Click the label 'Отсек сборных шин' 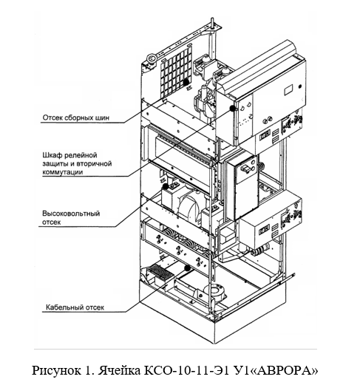click(x=76, y=117)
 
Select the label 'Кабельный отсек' click(x=75, y=307)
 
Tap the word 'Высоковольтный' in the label click(x=71, y=214)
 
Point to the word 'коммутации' click(x=63, y=172)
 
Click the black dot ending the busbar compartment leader click(x=186, y=81)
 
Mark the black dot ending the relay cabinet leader click(x=232, y=108)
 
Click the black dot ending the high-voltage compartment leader click(x=166, y=186)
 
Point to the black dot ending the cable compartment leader click(x=188, y=268)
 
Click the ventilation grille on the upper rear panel click(x=176, y=72)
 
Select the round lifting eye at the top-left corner click(x=152, y=58)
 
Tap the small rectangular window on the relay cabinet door click(x=288, y=89)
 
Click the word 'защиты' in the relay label click(x=55, y=164)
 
